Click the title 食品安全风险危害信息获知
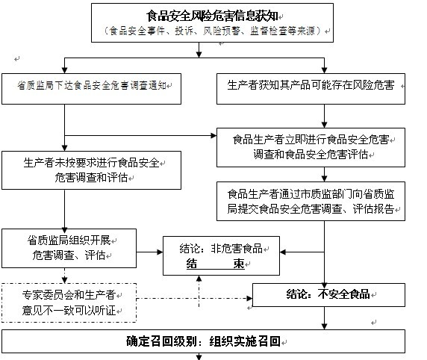tap(212, 16)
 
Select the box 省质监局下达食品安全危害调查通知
tap(92, 89)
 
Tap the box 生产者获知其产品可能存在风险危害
tap(311, 89)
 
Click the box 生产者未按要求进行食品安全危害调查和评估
tap(92, 170)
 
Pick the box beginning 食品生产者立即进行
tap(311, 147)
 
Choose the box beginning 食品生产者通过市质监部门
tap(311, 201)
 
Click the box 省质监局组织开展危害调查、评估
tap(69, 248)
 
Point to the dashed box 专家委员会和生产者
tap(69, 302)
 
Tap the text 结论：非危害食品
tap(220, 248)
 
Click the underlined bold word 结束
tap(216, 264)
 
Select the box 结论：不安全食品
tap(328, 295)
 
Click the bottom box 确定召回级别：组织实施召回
tap(203, 341)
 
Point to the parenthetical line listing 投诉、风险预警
tap(212, 31)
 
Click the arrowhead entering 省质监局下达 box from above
tap(64, 69)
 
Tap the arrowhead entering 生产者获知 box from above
tap(324, 69)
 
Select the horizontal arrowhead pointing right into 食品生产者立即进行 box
tap(213, 135)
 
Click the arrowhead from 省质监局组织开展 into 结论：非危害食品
tap(160, 252)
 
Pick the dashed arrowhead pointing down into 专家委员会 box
tap(64, 280)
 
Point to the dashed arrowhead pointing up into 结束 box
tap(199, 279)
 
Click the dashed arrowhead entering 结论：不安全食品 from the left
tap(249, 299)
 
